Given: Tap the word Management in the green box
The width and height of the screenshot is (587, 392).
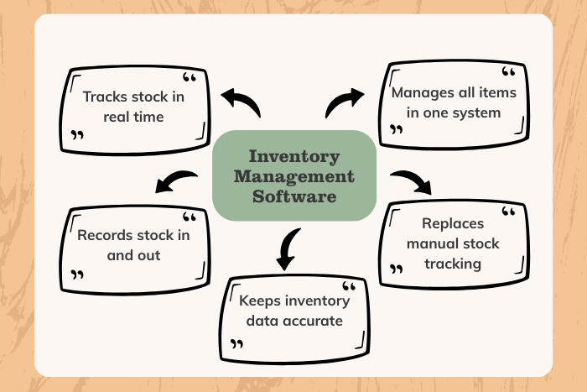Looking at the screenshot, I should pyautogui.click(x=293, y=177).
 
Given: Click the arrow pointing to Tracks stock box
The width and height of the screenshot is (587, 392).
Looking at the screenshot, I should pyautogui.click(x=241, y=103).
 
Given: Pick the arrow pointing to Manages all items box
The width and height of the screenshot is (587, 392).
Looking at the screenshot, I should pyautogui.click(x=344, y=102).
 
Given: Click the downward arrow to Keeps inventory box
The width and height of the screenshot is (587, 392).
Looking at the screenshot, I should pyautogui.click(x=288, y=248).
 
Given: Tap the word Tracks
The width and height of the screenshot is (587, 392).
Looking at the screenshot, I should pyautogui.click(x=105, y=97).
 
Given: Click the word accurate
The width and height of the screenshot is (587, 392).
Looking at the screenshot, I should pyautogui.click(x=312, y=320).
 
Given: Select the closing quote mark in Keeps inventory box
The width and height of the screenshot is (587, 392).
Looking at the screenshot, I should pyautogui.click(x=237, y=343).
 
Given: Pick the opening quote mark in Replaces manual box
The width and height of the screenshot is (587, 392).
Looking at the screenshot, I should pyautogui.click(x=506, y=212).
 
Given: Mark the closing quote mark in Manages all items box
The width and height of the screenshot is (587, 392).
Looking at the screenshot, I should pyautogui.click(x=396, y=130).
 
